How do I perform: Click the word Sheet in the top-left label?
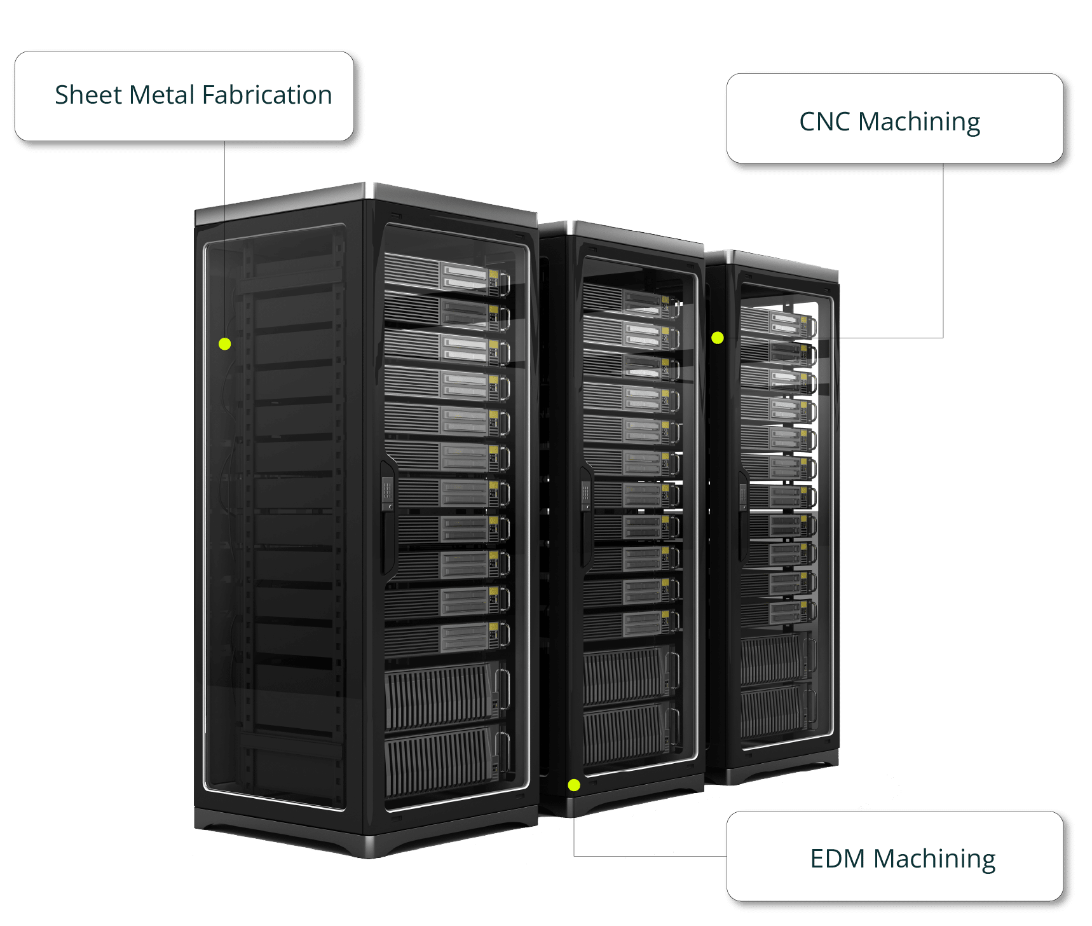pyautogui.click(x=88, y=95)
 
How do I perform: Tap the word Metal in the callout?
pyautogui.click(x=161, y=95)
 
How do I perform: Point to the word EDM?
pyautogui.click(x=837, y=859)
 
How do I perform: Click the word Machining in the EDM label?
pyautogui.click(x=934, y=859)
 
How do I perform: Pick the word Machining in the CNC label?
pyautogui.click(x=919, y=122)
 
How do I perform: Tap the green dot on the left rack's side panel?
pyautogui.click(x=224, y=344)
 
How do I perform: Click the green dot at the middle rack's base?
pyautogui.click(x=574, y=785)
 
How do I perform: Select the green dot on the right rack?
pyautogui.click(x=718, y=338)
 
